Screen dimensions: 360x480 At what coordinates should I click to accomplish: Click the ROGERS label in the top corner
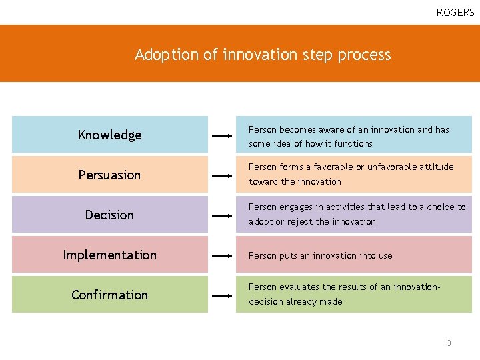(x=455, y=13)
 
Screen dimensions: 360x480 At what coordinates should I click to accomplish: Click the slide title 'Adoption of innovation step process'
(x=263, y=55)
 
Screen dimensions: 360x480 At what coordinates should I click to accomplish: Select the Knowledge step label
(x=110, y=135)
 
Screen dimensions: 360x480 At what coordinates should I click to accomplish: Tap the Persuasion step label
(x=110, y=175)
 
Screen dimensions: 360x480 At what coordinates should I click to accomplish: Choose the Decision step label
(x=110, y=215)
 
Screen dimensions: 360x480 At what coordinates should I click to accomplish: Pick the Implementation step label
(x=110, y=255)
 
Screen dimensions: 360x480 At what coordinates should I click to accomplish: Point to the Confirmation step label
(x=110, y=295)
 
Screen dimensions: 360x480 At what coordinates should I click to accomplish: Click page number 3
(x=449, y=343)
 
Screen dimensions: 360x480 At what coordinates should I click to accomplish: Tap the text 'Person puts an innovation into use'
(x=321, y=255)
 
